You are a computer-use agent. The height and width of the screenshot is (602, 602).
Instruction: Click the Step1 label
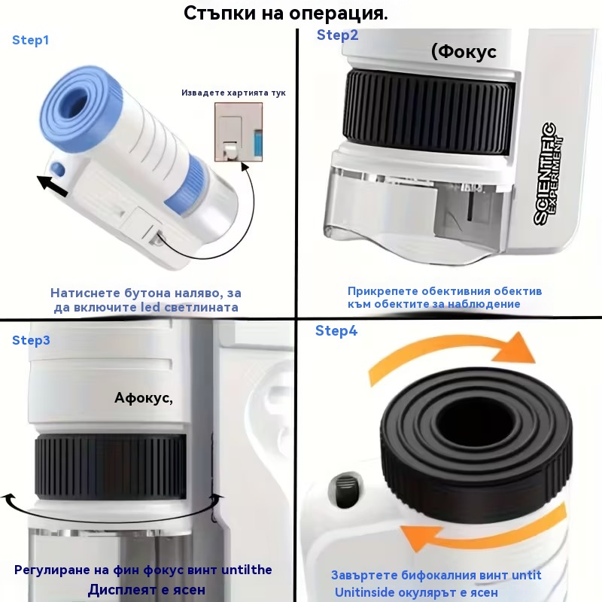[31, 40]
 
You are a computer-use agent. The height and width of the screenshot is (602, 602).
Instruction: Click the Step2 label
[337, 35]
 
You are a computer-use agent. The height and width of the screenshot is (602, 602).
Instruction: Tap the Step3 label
[31, 340]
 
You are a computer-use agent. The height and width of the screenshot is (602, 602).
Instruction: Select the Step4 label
[336, 330]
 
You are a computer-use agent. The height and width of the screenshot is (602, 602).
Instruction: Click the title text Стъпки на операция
[286, 13]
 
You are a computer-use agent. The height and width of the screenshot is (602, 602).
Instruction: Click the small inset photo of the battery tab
[239, 132]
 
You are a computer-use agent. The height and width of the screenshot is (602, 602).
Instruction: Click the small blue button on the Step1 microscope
[58, 169]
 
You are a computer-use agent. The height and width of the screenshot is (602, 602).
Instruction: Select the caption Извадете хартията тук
[233, 93]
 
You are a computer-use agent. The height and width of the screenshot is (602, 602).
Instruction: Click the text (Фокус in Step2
[464, 52]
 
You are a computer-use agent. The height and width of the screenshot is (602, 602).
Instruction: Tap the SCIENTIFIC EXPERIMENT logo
[549, 173]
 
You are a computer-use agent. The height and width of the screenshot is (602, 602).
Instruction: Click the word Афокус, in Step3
[144, 398]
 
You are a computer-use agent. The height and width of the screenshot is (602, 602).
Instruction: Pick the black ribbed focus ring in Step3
[111, 467]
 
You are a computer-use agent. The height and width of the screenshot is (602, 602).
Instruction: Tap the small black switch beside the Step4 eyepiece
[345, 491]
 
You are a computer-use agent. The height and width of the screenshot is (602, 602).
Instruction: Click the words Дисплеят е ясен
[147, 590]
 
